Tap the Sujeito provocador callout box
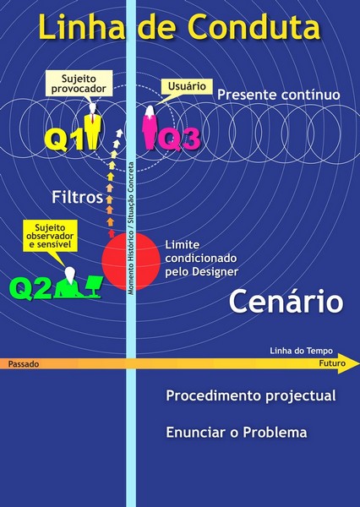coord(79,84)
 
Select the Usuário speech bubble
coord(187,87)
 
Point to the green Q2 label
coord(30,289)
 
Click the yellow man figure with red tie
coord(92,127)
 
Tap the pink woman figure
coord(150,128)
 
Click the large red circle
coord(131,261)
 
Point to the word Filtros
coord(77,197)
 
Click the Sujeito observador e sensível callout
coord(50,236)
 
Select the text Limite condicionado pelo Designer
coord(201,259)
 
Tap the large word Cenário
coord(286,302)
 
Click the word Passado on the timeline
coord(24,364)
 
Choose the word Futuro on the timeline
coord(332,363)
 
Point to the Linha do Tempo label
coord(301,351)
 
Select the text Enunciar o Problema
coord(237,433)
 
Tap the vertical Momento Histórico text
coord(131,228)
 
